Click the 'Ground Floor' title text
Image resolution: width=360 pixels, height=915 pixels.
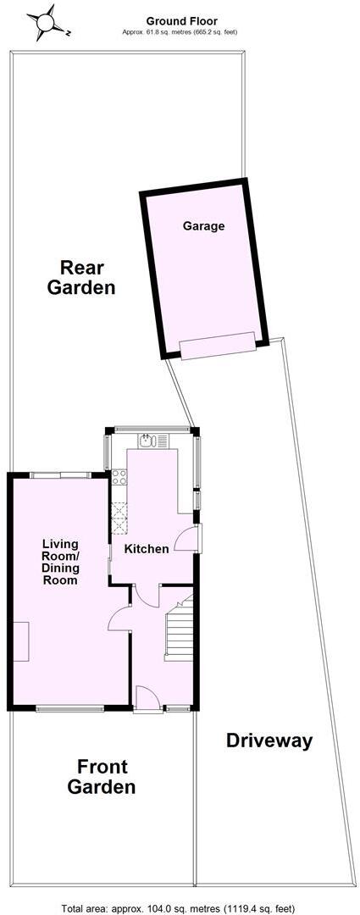181,20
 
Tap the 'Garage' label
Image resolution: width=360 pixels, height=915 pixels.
203,226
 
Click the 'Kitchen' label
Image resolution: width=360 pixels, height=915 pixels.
147,549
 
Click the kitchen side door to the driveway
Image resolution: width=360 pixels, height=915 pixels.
189,540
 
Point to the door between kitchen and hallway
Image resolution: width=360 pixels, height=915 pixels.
147,595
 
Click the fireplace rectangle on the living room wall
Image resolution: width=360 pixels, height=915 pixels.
20,640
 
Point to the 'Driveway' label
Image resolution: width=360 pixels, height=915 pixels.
269,740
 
